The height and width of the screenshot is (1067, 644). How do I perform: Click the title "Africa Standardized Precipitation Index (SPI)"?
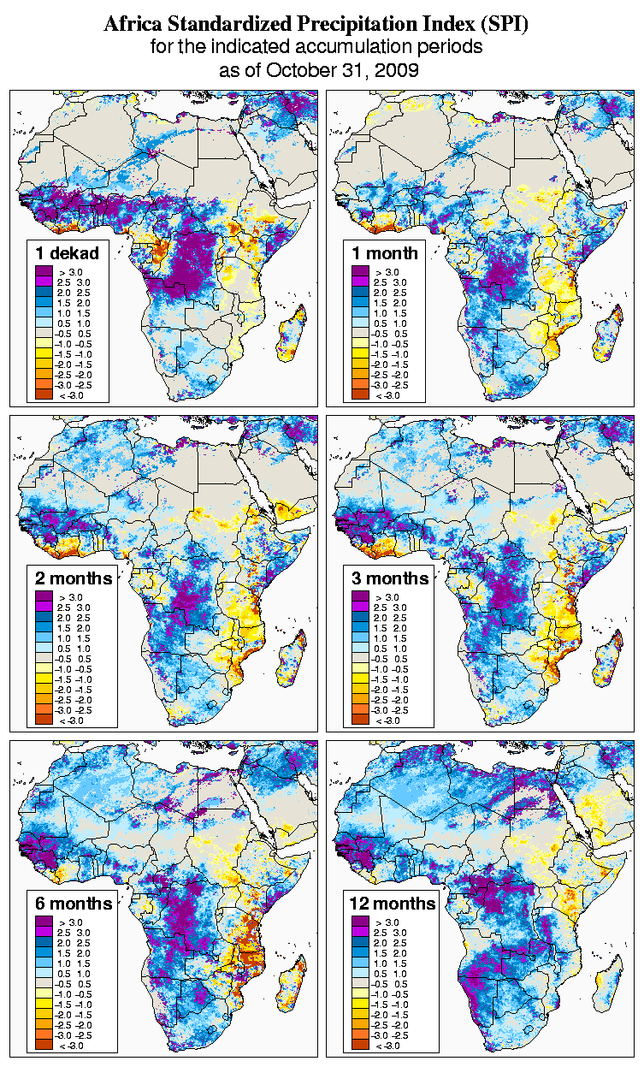coord(316,25)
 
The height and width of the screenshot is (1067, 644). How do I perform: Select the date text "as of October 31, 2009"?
coord(319,70)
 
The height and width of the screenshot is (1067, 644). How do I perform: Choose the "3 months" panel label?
coord(390,578)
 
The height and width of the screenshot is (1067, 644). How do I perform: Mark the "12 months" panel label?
coord(393,904)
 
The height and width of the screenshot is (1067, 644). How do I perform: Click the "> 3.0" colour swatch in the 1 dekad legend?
coord(43,271)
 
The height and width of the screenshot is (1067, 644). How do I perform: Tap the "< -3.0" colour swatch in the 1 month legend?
coord(360,394)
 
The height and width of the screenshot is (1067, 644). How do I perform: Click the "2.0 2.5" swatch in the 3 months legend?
coord(360,617)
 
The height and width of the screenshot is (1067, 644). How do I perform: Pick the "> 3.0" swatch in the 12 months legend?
coord(360,922)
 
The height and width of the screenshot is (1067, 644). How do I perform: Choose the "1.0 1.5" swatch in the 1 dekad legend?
coord(43,312)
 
